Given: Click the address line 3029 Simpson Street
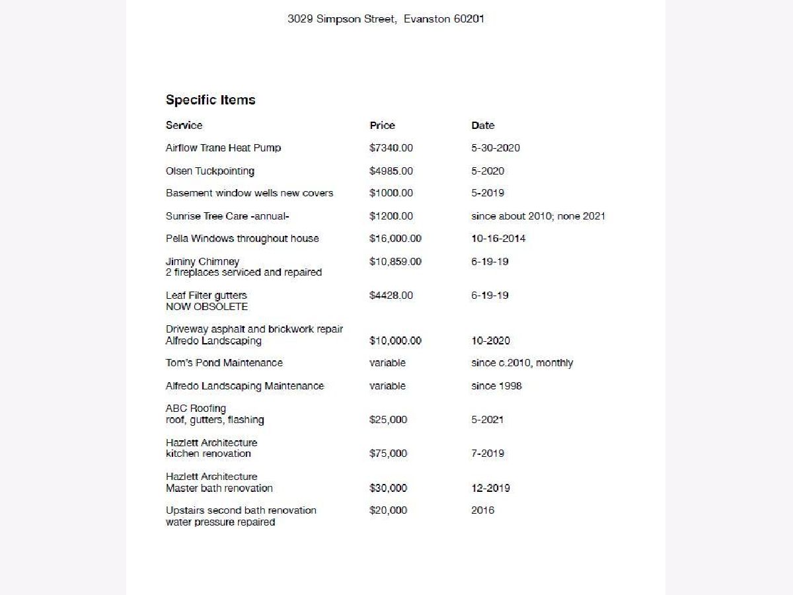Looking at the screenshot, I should point(386,19).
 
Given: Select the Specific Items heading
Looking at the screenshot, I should point(210,100).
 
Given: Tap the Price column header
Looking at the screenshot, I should point(382,126).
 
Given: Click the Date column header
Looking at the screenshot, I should point(482,126).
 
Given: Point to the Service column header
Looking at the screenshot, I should point(184,126).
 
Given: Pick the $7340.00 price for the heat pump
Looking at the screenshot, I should point(391,148).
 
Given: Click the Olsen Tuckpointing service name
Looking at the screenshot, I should point(209,171).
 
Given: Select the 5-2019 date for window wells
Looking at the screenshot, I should point(487,193).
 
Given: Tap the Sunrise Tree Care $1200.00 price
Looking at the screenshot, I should point(391,216).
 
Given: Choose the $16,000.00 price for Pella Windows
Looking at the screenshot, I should point(395,239).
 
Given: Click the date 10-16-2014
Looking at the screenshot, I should point(498,239).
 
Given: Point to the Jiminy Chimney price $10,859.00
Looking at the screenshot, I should point(395,262).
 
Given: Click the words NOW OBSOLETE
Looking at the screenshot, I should point(206,307).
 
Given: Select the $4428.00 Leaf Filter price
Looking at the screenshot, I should point(391,296).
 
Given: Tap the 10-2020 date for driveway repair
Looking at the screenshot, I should point(490,341).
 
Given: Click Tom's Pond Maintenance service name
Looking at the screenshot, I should point(224,363).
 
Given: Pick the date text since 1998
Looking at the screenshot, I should point(496,386).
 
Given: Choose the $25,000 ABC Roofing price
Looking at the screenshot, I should point(388,420).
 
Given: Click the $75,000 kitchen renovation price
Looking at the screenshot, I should point(388,454).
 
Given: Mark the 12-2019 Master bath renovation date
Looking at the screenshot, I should point(490,489).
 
